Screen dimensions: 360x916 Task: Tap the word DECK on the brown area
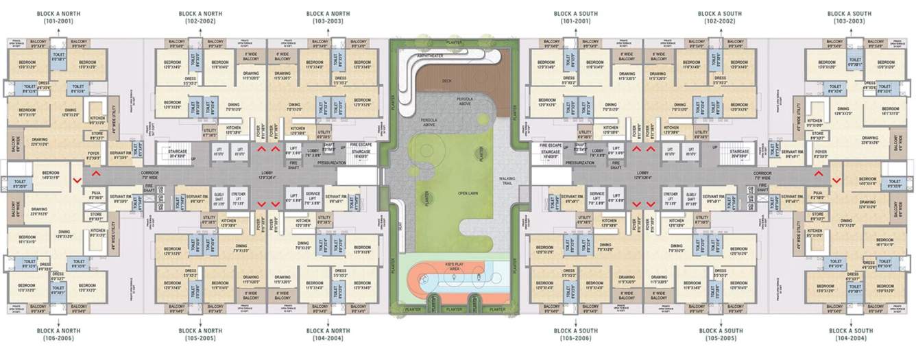pyautogui.click(x=447, y=81)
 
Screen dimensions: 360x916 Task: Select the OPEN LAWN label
pyautogui.click(x=468, y=193)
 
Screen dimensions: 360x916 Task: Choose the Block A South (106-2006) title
pyautogui.click(x=576, y=334)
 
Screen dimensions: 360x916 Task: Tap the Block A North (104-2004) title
pyautogui.click(x=328, y=334)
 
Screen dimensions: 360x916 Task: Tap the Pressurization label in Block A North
pyautogui.click(x=331, y=163)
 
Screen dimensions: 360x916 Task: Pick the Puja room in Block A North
pyautogui.click(x=97, y=196)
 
